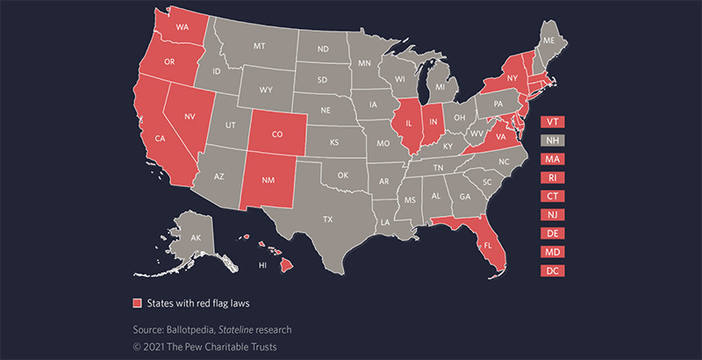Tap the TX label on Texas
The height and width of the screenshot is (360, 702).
[x=328, y=219]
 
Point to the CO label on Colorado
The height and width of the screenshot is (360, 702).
[x=277, y=135]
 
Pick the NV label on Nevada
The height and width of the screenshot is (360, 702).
[x=189, y=115]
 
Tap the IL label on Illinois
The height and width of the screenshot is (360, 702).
[x=408, y=125]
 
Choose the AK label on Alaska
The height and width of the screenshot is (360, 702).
[x=197, y=237]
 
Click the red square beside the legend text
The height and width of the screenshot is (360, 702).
[x=136, y=303]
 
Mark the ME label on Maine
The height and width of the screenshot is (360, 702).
[x=549, y=41]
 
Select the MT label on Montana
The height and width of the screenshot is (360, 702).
[x=260, y=45]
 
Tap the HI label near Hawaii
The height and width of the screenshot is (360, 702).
[x=261, y=263]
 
